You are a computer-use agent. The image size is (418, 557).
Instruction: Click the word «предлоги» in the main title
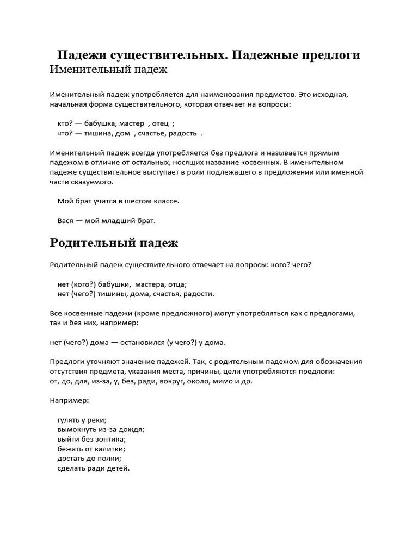(x=329, y=55)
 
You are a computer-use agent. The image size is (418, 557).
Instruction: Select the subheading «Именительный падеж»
(x=108, y=70)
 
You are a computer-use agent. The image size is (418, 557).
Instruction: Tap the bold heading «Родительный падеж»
(x=114, y=243)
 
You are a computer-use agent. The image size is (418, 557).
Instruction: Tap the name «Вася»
(x=66, y=220)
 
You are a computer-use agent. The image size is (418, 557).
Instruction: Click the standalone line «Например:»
(x=69, y=400)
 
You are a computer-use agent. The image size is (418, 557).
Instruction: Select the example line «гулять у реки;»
(x=82, y=419)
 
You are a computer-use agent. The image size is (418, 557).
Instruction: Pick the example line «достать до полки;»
(x=89, y=459)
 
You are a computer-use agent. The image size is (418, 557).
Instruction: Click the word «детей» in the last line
(x=118, y=468)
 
